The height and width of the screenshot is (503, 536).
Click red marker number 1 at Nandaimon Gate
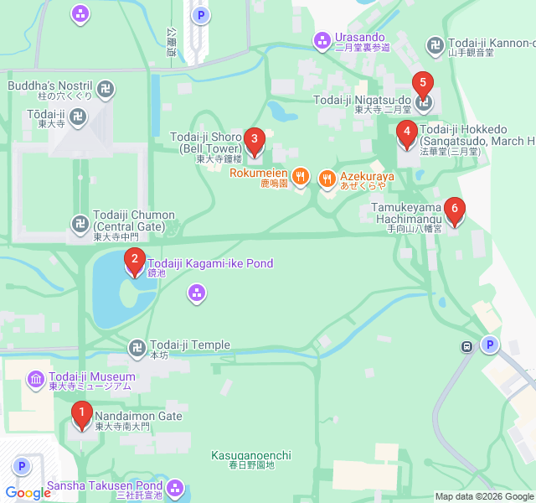pyautogui.click(x=81, y=413)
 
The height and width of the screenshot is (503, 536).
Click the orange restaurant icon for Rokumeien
pyautogui.click(x=301, y=177)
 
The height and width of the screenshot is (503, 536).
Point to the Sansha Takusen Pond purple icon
pyautogui.click(x=175, y=487)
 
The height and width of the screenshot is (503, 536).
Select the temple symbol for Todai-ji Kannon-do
pyautogui.click(x=435, y=44)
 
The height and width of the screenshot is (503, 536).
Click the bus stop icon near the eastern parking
pyautogui.click(x=466, y=346)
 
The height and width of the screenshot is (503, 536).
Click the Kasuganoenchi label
pyautogui.click(x=250, y=455)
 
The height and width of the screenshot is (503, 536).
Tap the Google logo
pyautogui.click(x=28, y=493)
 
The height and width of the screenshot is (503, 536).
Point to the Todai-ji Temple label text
pyautogui.click(x=189, y=345)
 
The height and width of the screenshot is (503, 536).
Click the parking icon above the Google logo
pyautogui.click(x=21, y=466)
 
